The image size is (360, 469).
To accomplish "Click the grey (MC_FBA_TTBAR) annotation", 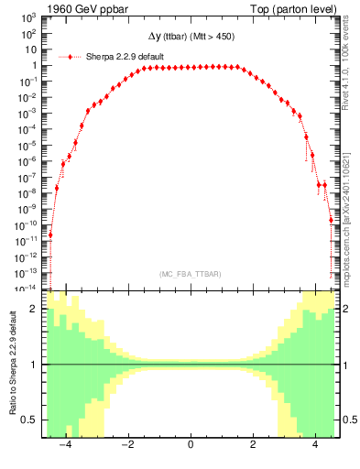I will pyautogui.click(x=190, y=274).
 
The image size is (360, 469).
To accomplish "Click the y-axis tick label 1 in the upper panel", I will pyautogui.click(x=34, y=66).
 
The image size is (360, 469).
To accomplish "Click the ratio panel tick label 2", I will pyautogui.click(x=34, y=310).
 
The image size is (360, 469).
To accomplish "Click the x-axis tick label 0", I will pyautogui.click(x=191, y=446).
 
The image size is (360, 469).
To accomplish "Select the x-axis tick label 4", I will pyautogui.click(x=315, y=446).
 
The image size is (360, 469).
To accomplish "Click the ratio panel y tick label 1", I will pyautogui.click(x=34, y=365).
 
